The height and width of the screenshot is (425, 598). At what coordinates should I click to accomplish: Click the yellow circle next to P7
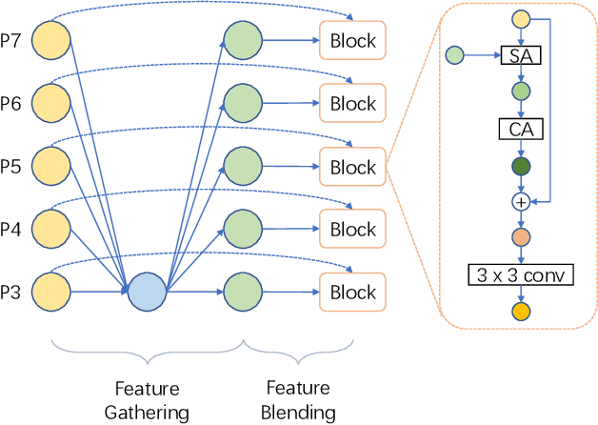pos(51,40)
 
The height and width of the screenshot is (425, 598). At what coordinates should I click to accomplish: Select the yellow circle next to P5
pos(51,165)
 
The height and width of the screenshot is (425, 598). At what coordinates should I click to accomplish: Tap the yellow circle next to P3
pos(51,290)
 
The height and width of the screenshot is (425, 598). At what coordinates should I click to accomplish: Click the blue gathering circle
pos(147,290)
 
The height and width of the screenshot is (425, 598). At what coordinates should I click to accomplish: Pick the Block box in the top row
pos(352,41)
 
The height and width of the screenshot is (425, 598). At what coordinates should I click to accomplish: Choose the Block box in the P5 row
pos(352,167)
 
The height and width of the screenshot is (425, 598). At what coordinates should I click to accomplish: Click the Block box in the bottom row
pos(352,292)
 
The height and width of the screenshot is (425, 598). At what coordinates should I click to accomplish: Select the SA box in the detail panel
pos(521,57)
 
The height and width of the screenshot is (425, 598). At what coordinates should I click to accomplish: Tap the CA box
pos(521,128)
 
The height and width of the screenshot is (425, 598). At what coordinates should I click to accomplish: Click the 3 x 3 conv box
pos(521,275)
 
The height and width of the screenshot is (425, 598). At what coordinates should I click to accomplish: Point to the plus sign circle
pos(521,201)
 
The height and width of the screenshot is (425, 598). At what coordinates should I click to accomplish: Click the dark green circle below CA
pos(521,166)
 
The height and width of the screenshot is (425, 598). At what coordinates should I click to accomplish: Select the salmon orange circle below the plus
pos(521,236)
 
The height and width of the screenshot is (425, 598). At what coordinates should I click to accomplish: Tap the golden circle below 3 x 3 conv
pos(521,312)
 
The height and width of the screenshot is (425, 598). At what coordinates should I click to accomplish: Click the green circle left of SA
pos(455,57)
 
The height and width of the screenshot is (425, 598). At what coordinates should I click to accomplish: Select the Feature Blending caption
pos(298,400)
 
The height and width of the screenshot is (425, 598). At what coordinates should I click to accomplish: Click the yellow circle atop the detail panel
pos(521,19)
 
